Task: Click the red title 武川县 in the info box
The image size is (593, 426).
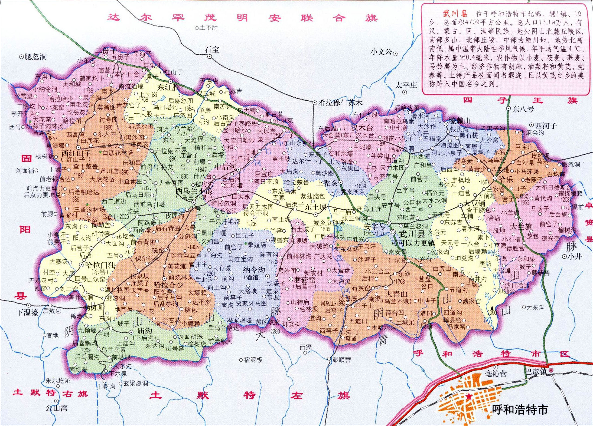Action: pyautogui.click(x=455, y=14)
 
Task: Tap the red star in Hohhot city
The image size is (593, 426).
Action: pyautogui.click(x=469, y=397)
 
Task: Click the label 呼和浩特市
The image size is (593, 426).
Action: pyautogui.click(x=520, y=410)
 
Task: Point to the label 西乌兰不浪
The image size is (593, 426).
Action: pyautogui.click(x=194, y=190)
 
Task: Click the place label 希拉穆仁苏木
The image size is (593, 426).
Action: pyautogui.click(x=340, y=103)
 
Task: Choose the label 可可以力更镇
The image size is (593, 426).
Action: pyautogui.click(x=413, y=243)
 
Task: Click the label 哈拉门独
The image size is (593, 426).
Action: pyautogui.click(x=100, y=265)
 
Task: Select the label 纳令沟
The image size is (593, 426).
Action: pyautogui.click(x=254, y=270)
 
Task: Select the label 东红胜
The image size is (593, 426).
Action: pyautogui.click(x=168, y=87)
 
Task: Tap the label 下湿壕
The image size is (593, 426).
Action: pyautogui.click(x=28, y=312)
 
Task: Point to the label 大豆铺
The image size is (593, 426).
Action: pyautogui.click(x=474, y=203)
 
